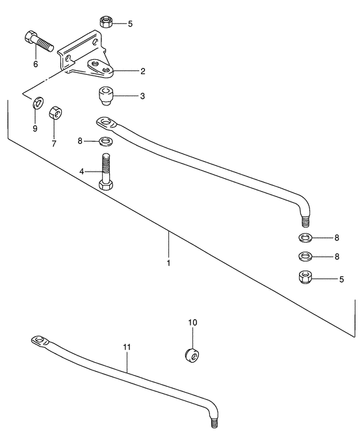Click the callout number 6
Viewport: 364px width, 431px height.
tap(36, 64)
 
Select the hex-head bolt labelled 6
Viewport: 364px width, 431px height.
tap(38, 41)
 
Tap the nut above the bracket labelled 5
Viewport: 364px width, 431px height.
tap(106, 21)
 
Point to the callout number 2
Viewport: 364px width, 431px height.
tap(143, 72)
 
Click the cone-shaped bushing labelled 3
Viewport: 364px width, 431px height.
tap(105, 96)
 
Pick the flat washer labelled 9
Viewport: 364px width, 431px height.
tap(38, 103)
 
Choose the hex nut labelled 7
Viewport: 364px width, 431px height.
tap(55, 113)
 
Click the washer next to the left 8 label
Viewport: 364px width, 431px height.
tap(107, 142)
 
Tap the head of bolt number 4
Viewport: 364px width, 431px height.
tap(105, 185)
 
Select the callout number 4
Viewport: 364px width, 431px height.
tap(82, 172)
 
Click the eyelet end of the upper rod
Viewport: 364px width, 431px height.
tap(107, 124)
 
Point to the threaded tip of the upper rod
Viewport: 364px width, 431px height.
tap(305, 220)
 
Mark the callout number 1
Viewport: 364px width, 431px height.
tap(168, 263)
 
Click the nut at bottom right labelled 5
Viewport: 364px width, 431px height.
tap(305, 277)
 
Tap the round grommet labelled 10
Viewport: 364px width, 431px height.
tap(192, 355)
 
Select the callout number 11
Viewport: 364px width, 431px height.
tap(127, 347)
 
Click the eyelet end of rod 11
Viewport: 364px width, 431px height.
tap(40, 341)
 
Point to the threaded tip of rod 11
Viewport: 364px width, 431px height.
tap(214, 423)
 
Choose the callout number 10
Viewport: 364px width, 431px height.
tap(192, 322)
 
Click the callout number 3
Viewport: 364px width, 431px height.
tap(142, 96)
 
